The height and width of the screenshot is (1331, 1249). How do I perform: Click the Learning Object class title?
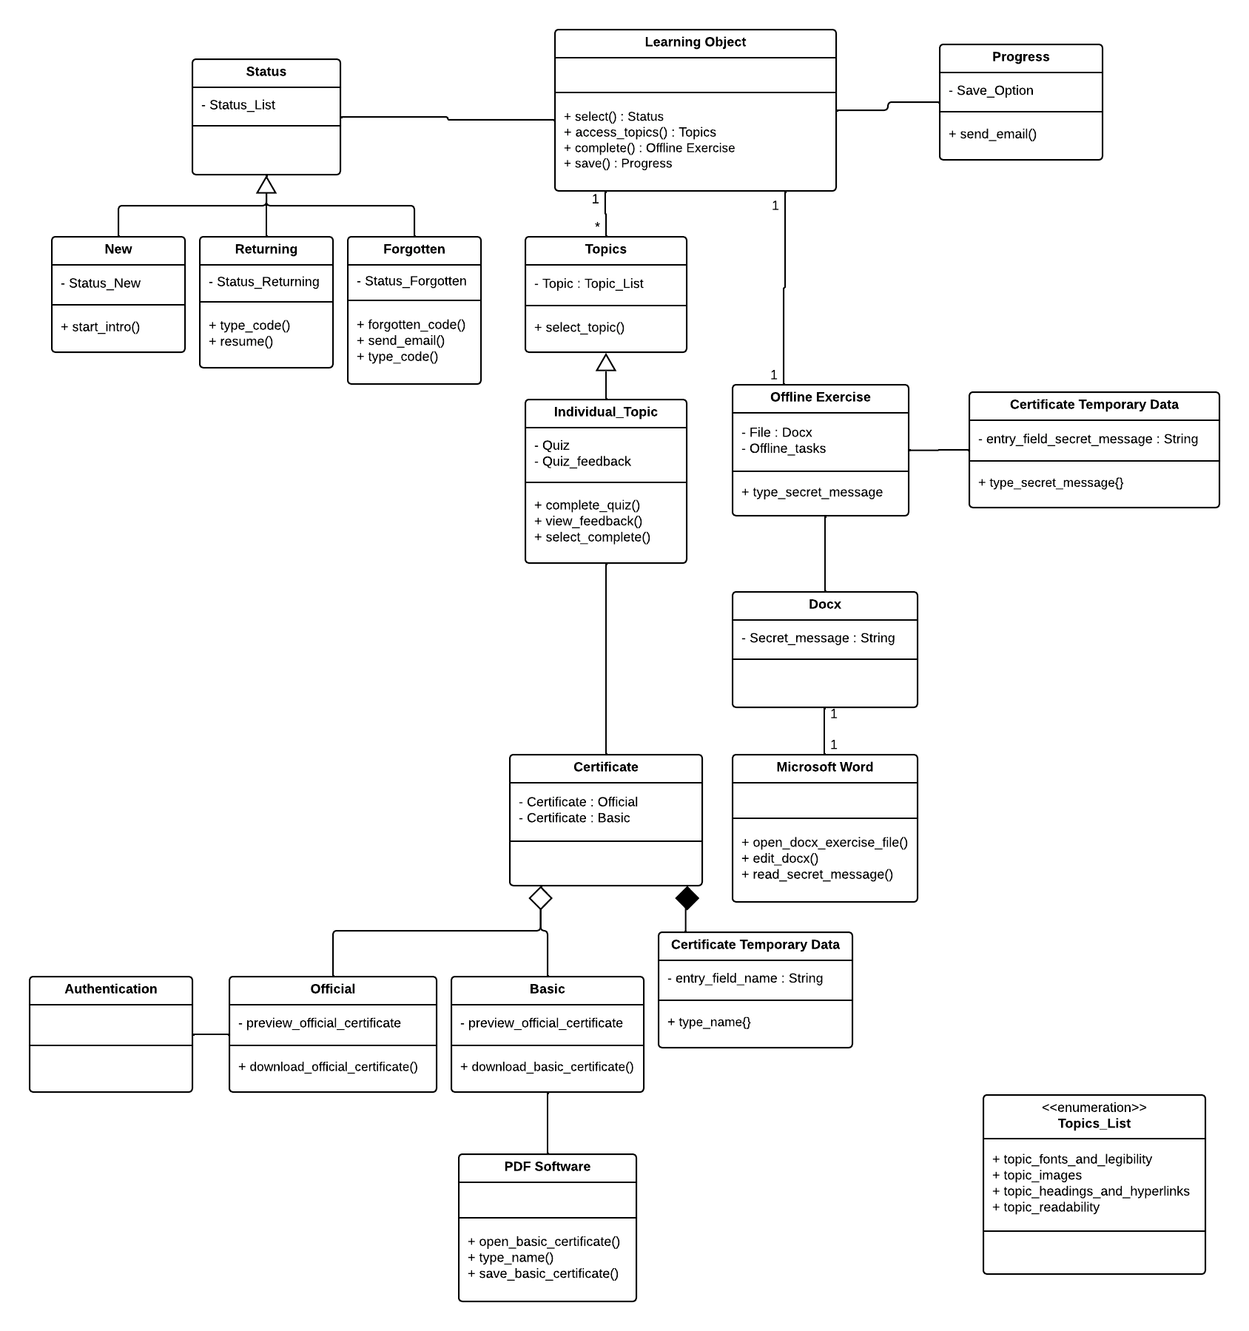pyautogui.click(x=695, y=42)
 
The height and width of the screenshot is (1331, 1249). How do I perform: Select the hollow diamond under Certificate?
pyautogui.click(x=541, y=898)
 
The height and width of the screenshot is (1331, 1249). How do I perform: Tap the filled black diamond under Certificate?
pyautogui.click(x=687, y=898)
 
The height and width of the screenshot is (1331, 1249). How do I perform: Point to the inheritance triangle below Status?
pyautogui.click(x=266, y=185)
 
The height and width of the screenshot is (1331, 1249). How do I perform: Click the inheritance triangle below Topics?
pyautogui.click(x=606, y=363)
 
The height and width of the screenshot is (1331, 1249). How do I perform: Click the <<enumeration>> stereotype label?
pyautogui.click(x=1094, y=1108)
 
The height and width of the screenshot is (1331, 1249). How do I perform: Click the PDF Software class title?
pyautogui.click(x=548, y=1167)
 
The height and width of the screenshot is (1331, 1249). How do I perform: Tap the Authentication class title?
pyautogui.click(x=111, y=989)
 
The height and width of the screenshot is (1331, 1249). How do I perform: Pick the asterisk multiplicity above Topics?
pyautogui.click(x=597, y=226)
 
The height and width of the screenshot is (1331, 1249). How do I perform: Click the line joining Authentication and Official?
pyautogui.click(x=211, y=1034)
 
